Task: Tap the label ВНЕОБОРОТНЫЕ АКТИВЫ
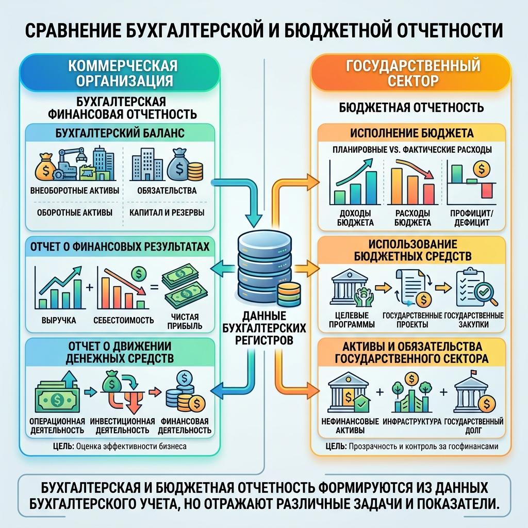pyautogui.click(x=75, y=191)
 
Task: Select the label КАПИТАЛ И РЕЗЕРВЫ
pyautogui.click(x=167, y=212)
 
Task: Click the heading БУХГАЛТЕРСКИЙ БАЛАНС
pyautogui.click(x=120, y=133)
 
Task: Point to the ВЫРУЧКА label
pyautogui.click(x=59, y=320)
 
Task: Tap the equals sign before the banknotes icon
pyautogui.click(x=154, y=288)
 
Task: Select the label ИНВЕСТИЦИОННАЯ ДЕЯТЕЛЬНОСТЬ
pyautogui.click(x=122, y=425)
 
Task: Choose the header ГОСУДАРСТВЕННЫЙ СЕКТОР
pyautogui.click(x=413, y=73)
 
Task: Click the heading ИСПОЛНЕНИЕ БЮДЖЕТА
pyautogui.click(x=412, y=133)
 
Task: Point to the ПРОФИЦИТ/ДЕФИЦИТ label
pyautogui.click(x=471, y=218)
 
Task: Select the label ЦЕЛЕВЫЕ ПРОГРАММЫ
pyautogui.click(x=352, y=320)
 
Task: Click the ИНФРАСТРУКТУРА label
pyautogui.click(x=412, y=421)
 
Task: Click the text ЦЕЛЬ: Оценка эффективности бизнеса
pyautogui.click(x=120, y=447)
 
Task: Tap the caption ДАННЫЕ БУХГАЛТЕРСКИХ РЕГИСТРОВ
pyautogui.click(x=264, y=328)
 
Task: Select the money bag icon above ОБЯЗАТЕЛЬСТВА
pyautogui.click(x=179, y=163)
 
